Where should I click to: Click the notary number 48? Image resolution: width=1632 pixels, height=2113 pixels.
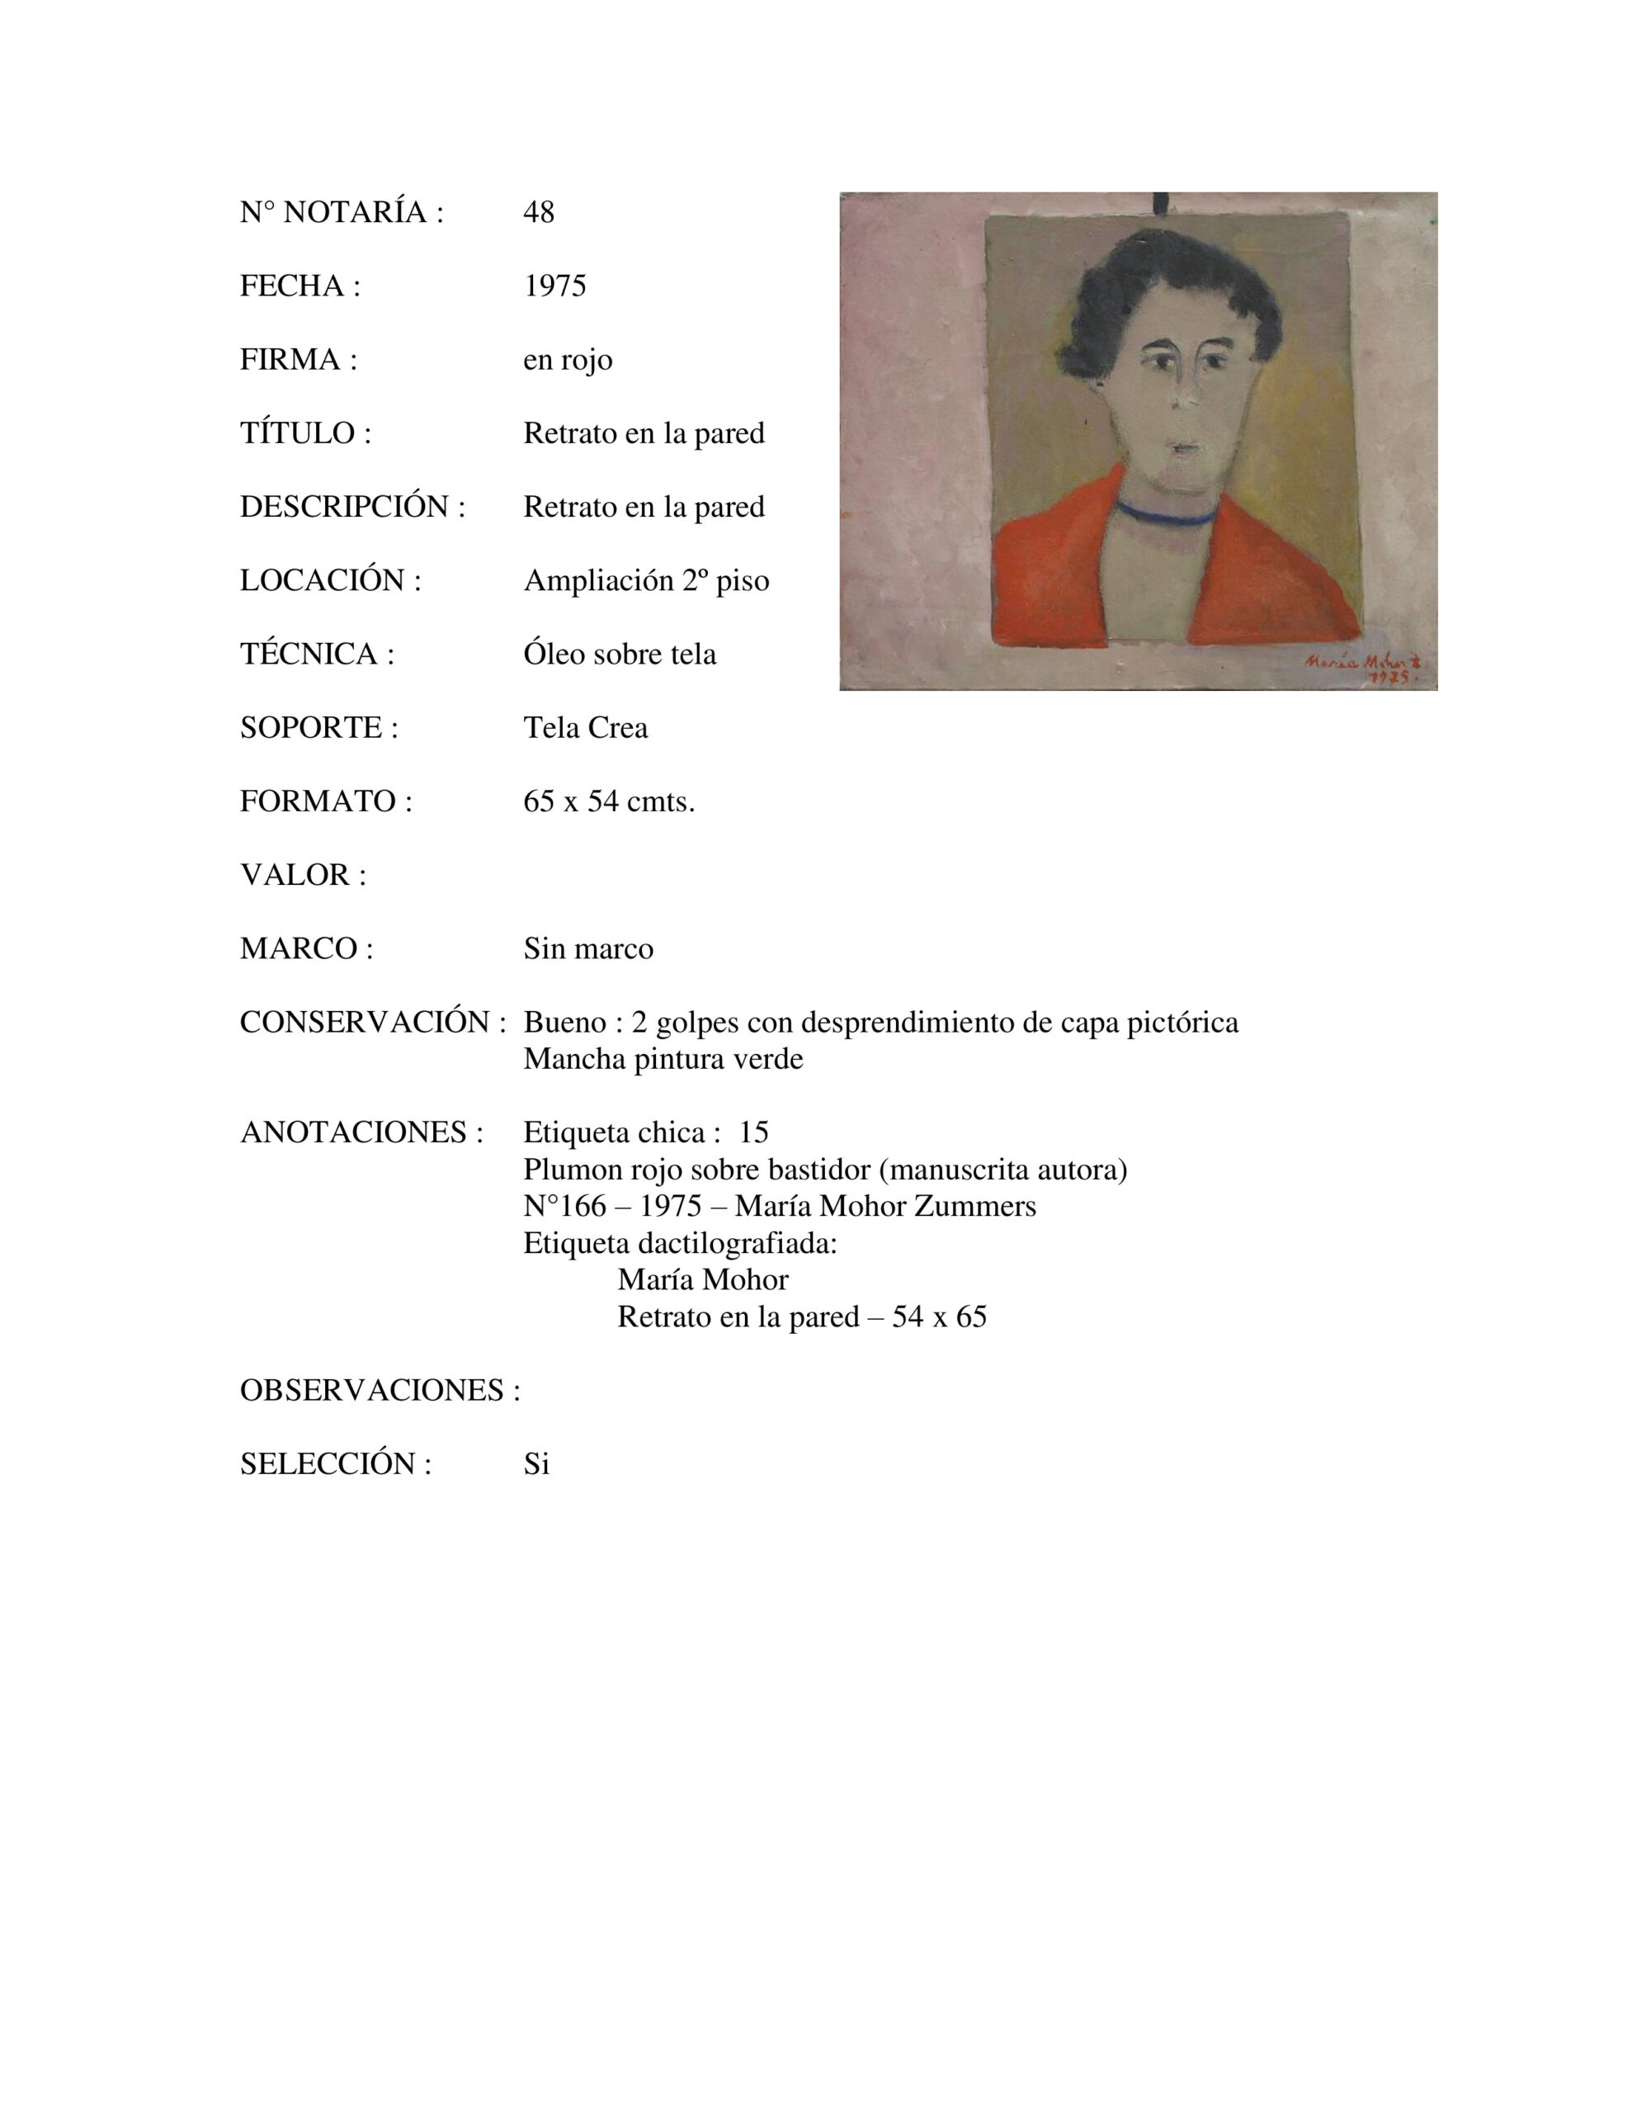point(539,212)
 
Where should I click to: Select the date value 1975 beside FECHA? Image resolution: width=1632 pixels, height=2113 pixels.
point(554,286)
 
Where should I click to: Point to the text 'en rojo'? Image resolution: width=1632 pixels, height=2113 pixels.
point(568,360)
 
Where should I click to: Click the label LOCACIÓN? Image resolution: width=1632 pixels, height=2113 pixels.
point(330,580)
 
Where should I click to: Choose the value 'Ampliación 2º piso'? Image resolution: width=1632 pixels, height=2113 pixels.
point(646,580)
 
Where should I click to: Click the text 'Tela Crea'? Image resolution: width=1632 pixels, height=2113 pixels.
point(585,727)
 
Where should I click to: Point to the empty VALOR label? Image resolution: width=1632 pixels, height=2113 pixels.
point(303,875)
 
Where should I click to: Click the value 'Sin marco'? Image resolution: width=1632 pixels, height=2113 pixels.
point(588,948)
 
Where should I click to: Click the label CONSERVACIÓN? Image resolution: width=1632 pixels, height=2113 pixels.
point(372,1023)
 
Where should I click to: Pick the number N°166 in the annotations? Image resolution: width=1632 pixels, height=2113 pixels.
point(564,1207)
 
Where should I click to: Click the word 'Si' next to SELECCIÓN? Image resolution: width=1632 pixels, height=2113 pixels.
point(536,1463)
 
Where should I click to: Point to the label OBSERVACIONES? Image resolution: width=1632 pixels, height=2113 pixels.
point(380,1390)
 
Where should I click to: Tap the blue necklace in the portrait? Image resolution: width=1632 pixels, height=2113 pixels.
point(1165,513)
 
